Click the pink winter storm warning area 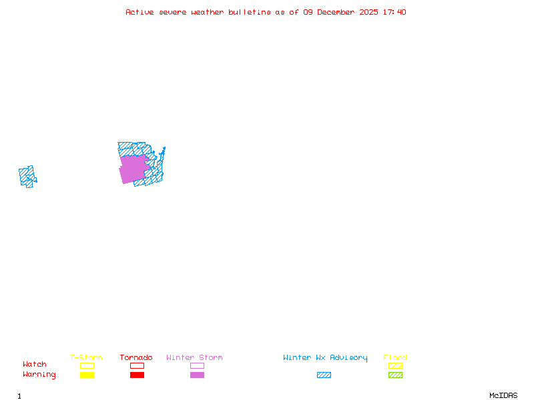tap(133, 169)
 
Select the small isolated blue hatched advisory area tap(27, 176)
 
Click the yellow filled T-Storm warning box tap(87, 375)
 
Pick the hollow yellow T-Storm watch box tap(87, 365)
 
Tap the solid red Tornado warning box tap(137, 375)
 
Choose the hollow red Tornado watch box tap(137, 365)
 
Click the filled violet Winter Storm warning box tap(197, 375)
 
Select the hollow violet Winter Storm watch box tap(197, 365)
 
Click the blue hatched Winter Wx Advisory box tap(324, 375)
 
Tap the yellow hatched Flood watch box tap(395, 365)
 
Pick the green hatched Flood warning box tap(395, 375)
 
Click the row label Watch tap(35, 365)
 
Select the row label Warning tap(39, 375)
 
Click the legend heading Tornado tap(136, 358)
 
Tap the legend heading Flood tap(394, 358)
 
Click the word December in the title tap(337, 12)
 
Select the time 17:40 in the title tap(394, 12)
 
